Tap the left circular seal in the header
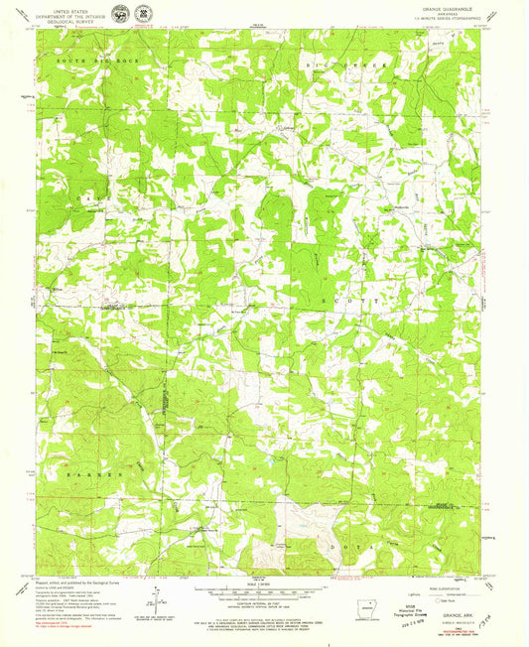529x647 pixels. tap(119, 14)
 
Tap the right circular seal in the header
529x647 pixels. tap(147, 14)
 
